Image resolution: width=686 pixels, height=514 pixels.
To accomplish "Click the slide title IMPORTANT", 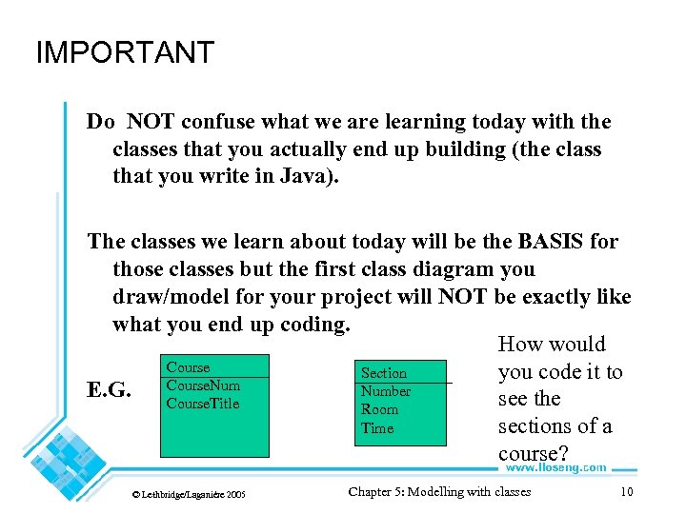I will point(125,52).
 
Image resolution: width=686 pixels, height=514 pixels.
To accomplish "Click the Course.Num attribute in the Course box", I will point(203,385).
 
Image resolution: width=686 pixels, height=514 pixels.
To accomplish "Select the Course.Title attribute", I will point(203,404).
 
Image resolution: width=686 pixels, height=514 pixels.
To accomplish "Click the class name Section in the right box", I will point(384,373).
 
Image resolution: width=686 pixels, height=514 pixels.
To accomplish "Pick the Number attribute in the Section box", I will point(386,391).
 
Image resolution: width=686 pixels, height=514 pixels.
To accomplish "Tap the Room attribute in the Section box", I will point(379,409).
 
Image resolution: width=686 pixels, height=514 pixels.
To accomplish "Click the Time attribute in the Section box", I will point(377,428).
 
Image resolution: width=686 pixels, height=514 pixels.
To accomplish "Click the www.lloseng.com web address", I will point(555,467).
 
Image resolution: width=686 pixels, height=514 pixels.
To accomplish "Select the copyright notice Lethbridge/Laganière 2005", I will point(189,495).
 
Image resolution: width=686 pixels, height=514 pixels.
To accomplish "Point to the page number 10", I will point(626,492).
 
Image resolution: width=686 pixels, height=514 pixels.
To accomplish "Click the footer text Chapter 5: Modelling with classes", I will point(439,492).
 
